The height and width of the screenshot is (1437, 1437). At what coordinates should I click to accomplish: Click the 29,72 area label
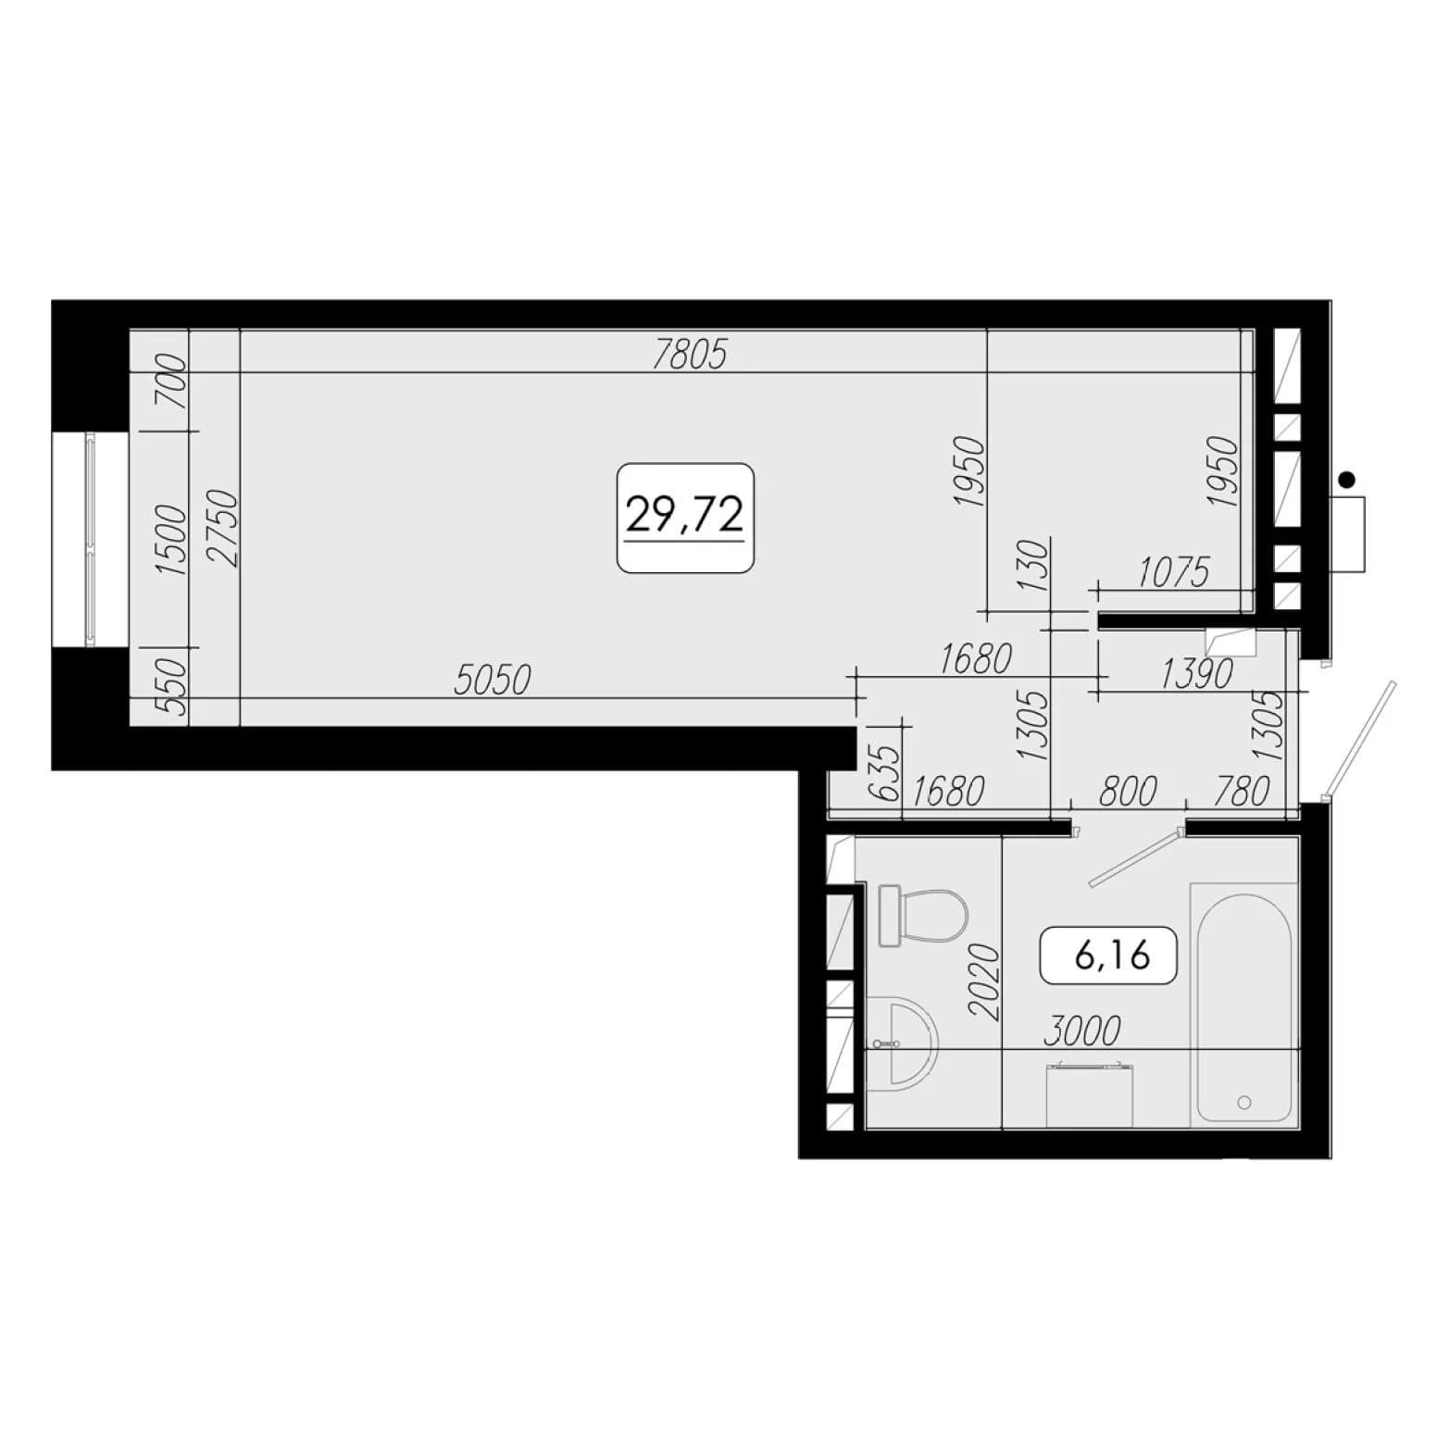pyautogui.click(x=685, y=517)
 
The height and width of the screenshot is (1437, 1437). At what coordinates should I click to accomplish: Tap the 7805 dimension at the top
pyautogui.click(x=691, y=354)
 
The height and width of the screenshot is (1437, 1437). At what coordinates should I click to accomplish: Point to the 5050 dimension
pyautogui.click(x=493, y=681)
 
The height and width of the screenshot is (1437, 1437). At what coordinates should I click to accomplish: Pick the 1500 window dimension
pyautogui.click(x=172, y=540)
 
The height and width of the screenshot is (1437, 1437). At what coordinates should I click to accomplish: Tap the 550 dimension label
pyautogui.click(x=172, y=686)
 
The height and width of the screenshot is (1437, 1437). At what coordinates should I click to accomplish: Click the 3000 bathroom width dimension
pyautogui.click(x=1082, y=1031)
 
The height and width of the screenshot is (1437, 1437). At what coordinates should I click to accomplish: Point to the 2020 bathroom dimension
pyautogui.click(x=985, y=981)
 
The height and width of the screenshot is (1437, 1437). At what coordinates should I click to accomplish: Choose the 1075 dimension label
pyautogui.click(x=1173, y=573)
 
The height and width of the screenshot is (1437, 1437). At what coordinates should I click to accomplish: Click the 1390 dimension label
pyautogui.click(x=1196, y=675)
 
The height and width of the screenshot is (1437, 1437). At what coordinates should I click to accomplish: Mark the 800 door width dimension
pyautogui.click(x=1128, y=793)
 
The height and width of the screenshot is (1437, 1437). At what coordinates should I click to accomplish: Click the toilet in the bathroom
pyautogui.click(x=922, y=916)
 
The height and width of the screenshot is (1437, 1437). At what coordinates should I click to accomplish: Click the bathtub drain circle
pyautogui.click(x=1244, y=1102)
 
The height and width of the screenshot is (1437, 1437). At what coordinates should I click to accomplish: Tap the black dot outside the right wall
pyautogui.click(x=1347, y=479)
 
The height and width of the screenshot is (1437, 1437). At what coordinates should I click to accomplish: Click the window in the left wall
pyautogui.click(x=90, y=539)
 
